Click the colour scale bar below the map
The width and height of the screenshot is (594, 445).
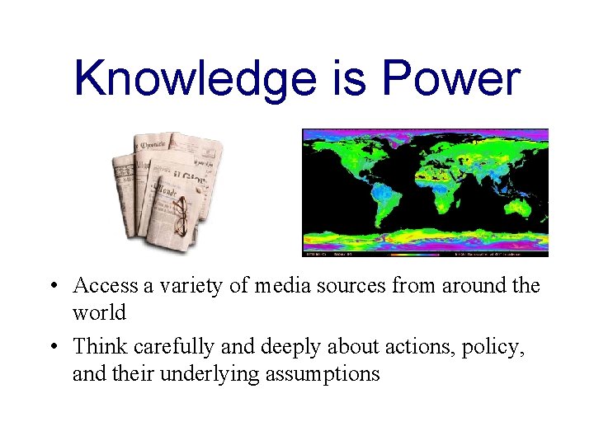coord(425,244)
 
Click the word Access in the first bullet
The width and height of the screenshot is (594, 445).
coord(106,286)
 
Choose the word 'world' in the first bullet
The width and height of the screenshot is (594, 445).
coord(99,313)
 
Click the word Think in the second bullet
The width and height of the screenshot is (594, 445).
coord(99,347)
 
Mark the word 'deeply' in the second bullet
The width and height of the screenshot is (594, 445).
coord(299,347)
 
